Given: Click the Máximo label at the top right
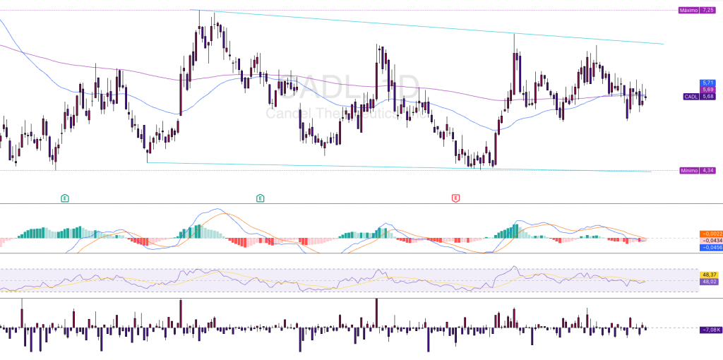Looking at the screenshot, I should [687, 10].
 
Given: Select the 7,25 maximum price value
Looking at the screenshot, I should [706, 10].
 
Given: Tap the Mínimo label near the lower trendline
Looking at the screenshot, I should [688, 171].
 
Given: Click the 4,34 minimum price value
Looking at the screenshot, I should [707, 171].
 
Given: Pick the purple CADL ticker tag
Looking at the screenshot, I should [691, 97].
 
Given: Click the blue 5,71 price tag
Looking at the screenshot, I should [709, 83].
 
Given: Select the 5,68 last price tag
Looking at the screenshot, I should [709, 97].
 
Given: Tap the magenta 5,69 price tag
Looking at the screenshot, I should [709, 90].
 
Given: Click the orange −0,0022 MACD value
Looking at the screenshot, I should [709, 234].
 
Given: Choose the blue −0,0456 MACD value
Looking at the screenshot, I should [709, 248].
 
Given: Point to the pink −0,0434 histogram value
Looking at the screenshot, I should [709, 241].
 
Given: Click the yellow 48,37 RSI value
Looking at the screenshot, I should [709, 274].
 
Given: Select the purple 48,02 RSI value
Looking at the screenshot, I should [709, 281].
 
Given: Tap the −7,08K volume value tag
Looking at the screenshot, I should [710, 330].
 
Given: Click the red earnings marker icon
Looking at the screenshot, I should [456, 198].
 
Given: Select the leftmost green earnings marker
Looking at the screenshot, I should [65, 198].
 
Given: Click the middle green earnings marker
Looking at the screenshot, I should [261, 198].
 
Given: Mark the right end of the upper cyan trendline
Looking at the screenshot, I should [663, 44].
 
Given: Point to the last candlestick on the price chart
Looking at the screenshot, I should [645, 97].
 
